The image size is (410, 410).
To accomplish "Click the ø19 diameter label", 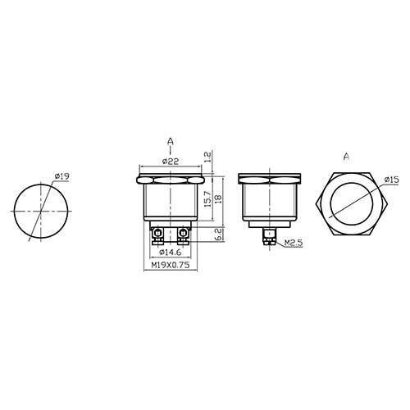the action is click(x=61, y=176).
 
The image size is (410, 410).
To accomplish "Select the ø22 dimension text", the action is click(x=171, y=162).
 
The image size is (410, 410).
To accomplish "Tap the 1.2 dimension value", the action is click(x=207, y=157).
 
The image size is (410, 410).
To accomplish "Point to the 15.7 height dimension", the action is click(x=208, y=198).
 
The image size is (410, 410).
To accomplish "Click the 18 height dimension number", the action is click(x=218, y=198).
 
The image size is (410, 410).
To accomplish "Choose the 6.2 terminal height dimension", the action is click(x=218, y=235).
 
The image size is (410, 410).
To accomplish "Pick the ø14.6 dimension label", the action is click(x=171, y=253).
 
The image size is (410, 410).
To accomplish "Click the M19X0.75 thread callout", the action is click(x=171, y=265).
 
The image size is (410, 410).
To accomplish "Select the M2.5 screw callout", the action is click(x=294, y=243).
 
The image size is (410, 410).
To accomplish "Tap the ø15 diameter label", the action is click(x=391, y=180).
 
